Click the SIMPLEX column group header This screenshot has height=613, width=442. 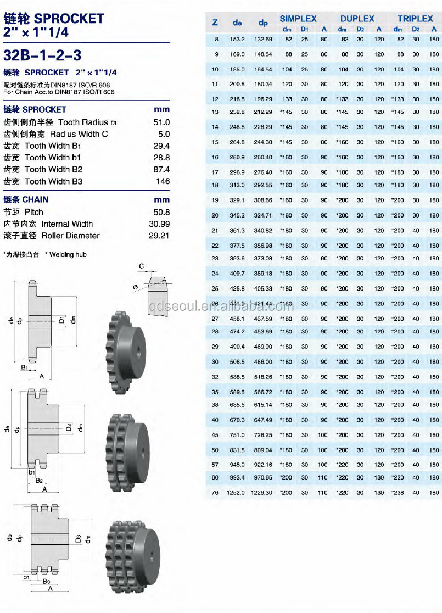tap(298, 19)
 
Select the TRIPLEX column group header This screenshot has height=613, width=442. tap(415, 19)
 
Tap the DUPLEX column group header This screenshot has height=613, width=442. tap(357, 19)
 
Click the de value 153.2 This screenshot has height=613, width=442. tap(237, 40)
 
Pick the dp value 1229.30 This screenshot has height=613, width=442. tap(261, 493)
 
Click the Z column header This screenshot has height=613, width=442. tap(215, 23)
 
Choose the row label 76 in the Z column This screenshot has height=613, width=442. tap(215, 493)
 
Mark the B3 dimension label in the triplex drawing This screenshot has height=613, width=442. tap(47, 581)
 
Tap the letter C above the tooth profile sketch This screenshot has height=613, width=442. tap(141, 266)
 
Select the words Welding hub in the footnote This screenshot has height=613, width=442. tap(69, 254)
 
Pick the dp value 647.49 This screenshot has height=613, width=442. tap(261, 420)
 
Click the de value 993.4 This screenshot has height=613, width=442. tap(237, 478)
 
